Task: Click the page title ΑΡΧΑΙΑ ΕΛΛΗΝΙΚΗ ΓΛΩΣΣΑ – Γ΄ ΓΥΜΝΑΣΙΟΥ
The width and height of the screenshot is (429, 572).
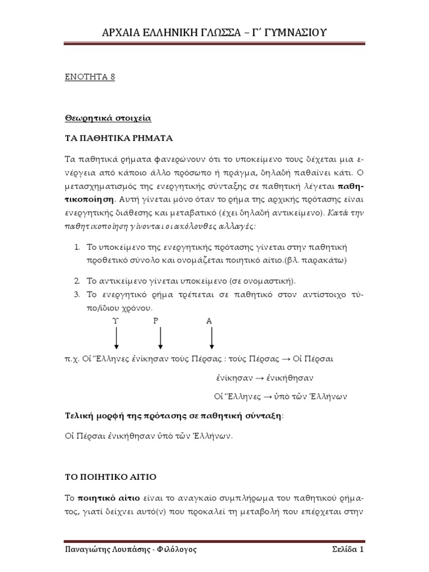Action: click(214, 33)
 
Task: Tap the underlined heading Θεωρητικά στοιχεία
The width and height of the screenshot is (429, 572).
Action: click(106, 118)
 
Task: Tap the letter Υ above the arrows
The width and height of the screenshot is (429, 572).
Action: click(116, 321)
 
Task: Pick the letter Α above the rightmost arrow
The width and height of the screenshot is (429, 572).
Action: click(209, 321)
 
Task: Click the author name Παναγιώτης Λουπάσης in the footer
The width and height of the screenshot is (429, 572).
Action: click(104, 550)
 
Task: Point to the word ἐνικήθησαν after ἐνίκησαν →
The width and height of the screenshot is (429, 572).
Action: click(289, 377)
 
